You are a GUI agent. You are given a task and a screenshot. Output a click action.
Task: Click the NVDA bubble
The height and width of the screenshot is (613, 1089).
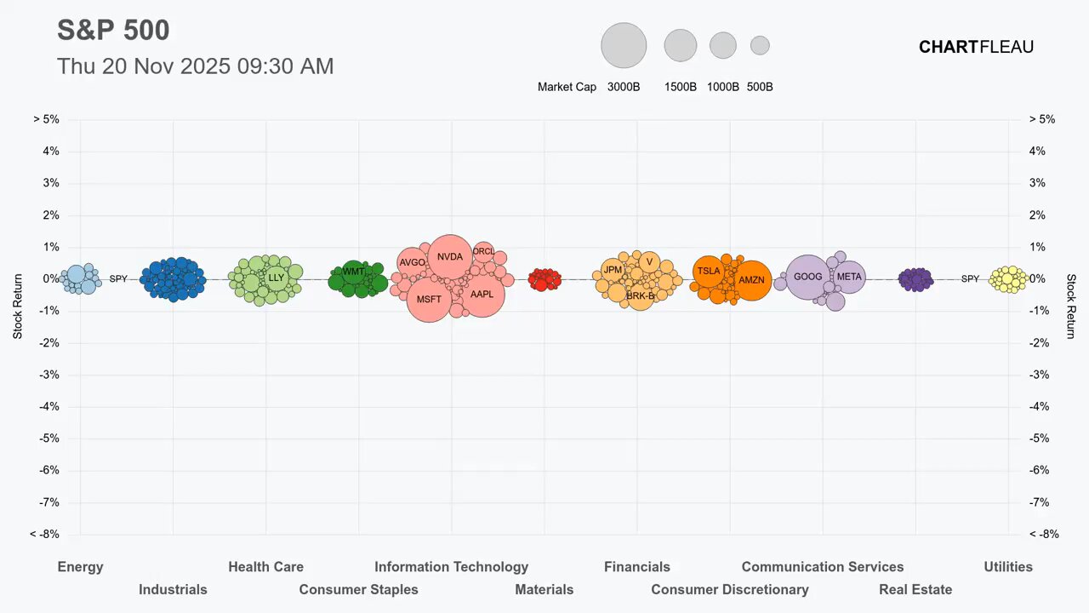450,256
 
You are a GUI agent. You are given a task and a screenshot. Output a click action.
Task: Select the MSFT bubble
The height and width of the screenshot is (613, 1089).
429,299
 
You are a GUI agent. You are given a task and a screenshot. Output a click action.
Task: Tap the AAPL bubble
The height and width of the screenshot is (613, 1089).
482,295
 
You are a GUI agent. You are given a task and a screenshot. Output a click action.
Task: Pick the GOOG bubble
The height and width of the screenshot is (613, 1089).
807,277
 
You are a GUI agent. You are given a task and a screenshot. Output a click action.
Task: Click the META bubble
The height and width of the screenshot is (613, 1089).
849,277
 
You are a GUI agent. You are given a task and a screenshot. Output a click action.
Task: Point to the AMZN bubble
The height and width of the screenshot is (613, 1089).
751,280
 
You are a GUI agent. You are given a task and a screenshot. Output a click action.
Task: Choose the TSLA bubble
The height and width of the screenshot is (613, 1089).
709,272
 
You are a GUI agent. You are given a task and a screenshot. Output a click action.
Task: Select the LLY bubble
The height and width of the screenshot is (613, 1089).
277,278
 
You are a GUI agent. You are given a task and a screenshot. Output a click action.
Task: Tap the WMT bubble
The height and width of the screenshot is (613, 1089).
353,272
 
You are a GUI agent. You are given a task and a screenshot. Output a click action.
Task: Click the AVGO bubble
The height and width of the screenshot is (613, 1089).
412,263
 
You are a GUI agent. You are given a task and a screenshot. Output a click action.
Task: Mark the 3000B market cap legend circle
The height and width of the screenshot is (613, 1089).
624,45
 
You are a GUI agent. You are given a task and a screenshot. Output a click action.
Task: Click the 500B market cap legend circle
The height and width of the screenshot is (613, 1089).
760,45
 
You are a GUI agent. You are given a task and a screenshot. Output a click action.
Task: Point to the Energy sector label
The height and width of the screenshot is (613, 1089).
80,567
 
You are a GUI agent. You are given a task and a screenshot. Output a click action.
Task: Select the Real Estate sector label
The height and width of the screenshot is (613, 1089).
915,589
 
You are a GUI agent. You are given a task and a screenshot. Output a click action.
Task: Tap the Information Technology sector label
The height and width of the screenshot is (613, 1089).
451,567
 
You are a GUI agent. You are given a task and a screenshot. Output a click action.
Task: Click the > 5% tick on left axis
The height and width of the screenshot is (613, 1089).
46,119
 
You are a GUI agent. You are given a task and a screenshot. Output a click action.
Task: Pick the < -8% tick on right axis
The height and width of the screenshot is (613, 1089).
1042,535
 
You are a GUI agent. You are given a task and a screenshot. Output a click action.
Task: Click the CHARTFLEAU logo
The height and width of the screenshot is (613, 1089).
976,48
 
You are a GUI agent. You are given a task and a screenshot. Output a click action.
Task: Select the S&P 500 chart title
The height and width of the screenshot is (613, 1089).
113,31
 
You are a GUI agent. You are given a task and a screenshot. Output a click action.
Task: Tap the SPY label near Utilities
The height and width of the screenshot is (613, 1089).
970,278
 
